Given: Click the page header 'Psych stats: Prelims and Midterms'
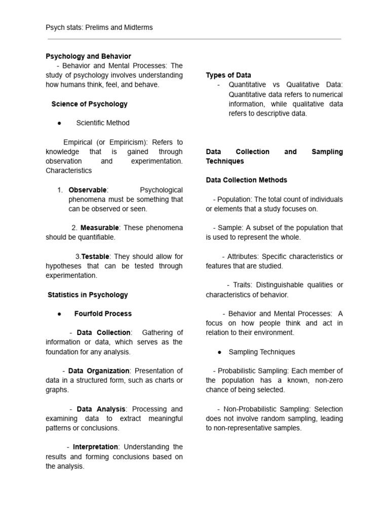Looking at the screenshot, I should pyautogui.click(x=99, y=27).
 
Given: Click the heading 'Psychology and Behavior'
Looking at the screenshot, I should pyautogui.click(x=88, y=56).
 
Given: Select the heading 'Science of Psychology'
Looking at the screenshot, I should pyautogui.click(x=89, y=104).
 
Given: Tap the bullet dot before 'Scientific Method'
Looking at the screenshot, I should pyautogui.click(x=59, y=123).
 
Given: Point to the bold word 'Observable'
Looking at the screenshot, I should pyautogui.click(x=88, y=190).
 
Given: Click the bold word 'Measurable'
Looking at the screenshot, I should pyautogui.click(x=99, y=228).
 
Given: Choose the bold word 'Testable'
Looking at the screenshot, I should pyautogui.click(x=95, y=257).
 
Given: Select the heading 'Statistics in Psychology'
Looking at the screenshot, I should pyautogui.click(x=88, y=294).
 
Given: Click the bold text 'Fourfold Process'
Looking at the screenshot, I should pyautogui.click(x=103, y=314).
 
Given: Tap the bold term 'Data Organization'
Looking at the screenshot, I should pyautogui.click(x=99, y=371).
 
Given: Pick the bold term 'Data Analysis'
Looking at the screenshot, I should pyautogui.click(x=101, y=409).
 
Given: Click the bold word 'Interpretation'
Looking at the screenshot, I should pyautogui.click(x=96, y=447).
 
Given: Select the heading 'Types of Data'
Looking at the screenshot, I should pyautogui.click(x=228, y=76).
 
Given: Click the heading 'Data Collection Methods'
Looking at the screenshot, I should pyautogui.click(x=246, y=180).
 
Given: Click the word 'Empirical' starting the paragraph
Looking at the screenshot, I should pyautogui.click(x=79, y=142).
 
